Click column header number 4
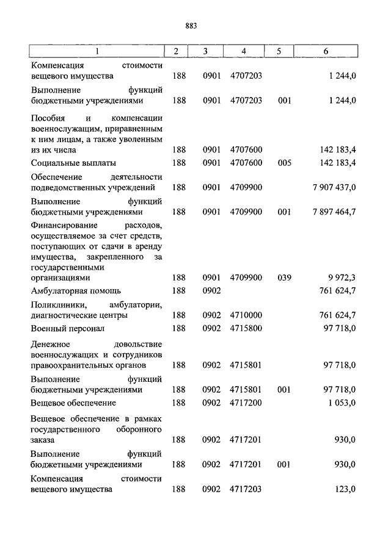pos(244,51)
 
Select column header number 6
pos(326,51)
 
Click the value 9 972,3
pos(341,278)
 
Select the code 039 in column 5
pos(284,278)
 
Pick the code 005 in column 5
pos(284,163)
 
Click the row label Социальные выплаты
pos(73,163)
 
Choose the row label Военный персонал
pos(67,328)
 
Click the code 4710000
pos(246,315)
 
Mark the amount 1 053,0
pos(341,403)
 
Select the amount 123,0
pos(345,489)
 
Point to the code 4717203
pos(246,489)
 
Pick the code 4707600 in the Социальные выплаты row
pos(246,163)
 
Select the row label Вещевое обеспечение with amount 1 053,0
pos(73,403)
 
